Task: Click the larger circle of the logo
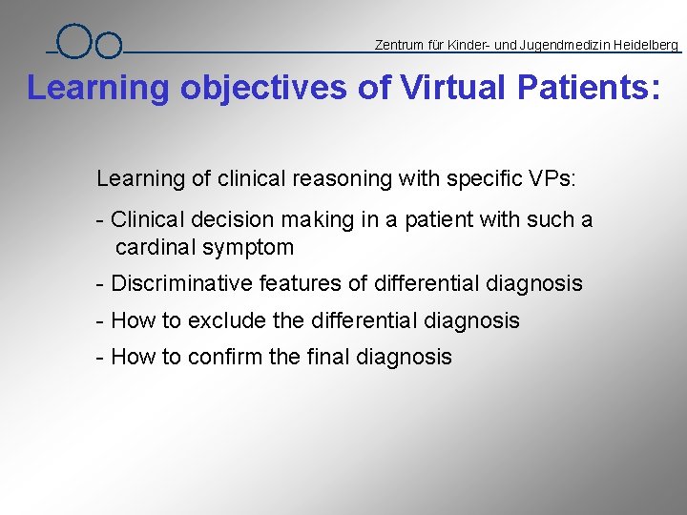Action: pyautogui.click(x=73, y=41)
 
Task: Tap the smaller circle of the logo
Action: pyautogui.click(x=109, y=46)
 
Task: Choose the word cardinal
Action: pyautogui.click(x=153, y=248)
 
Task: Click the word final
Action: pyautogui.click(x=327, y=357)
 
